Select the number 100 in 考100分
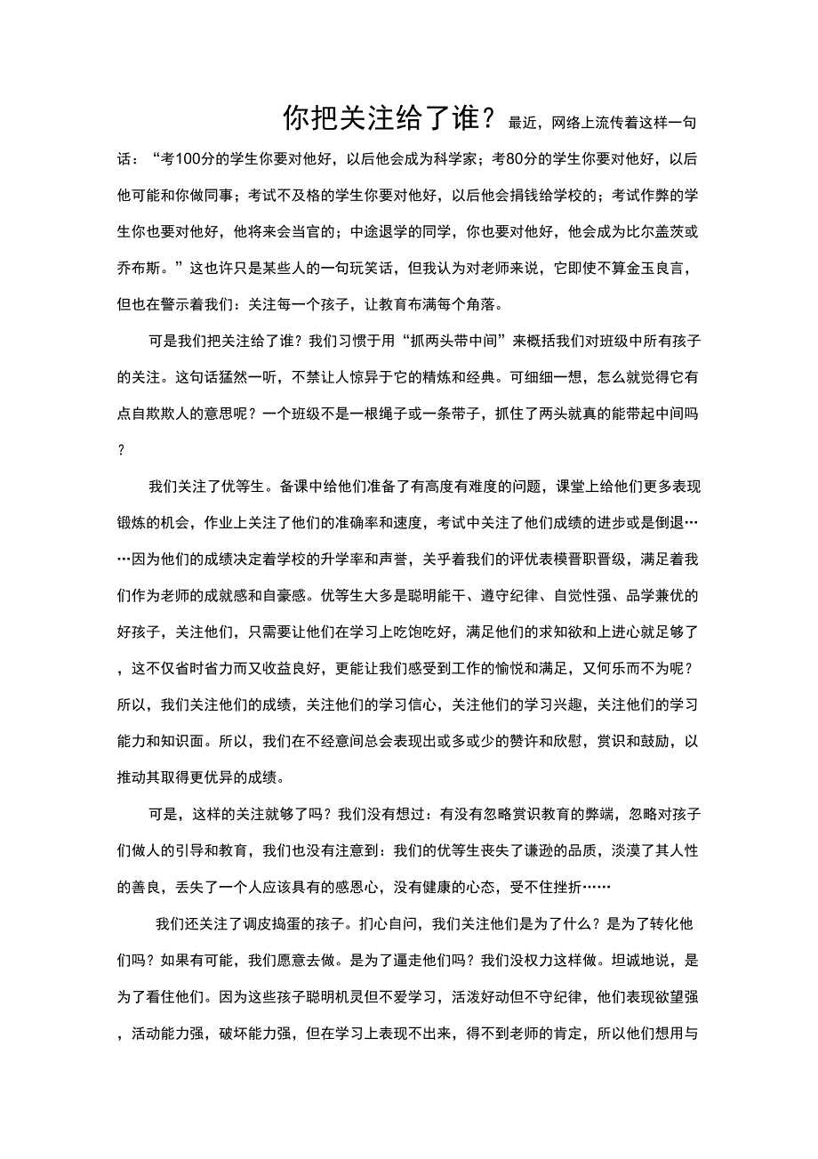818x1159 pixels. [x=193, y=159]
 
